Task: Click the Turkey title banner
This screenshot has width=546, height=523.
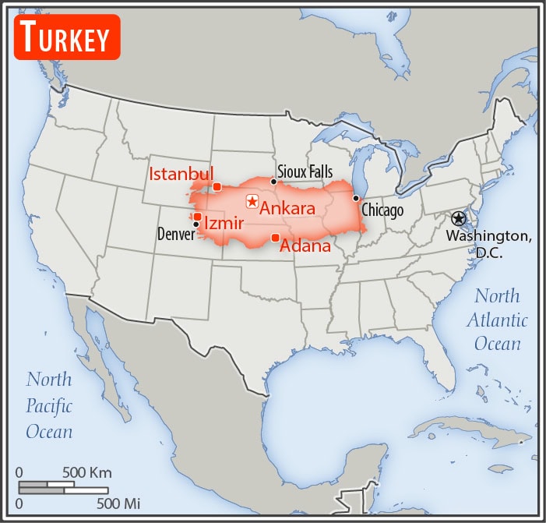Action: pyautogui.click(x=67, y=37)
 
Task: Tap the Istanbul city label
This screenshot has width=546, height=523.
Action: pyautogui.click(x=181, y=172)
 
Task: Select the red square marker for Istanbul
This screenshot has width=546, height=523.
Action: pyautogui.click(x=217, y=186)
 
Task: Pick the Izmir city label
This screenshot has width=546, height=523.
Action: pyautogui.click(x=224, y=224)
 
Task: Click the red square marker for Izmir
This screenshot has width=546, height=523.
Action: pyautogui.click(x=198, y=217)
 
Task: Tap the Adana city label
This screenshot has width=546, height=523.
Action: pyautogui.click(x=305, y=246)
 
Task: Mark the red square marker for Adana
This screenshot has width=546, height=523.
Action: pyautogui.click(x=275, y=237)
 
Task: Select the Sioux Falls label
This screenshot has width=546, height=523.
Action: pyautogui.click(x=305, y=171)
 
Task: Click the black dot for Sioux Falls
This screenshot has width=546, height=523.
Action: pyautogui.click(x=273, y=182)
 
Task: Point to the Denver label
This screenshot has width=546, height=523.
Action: pyautogui.click(x=176, y=233)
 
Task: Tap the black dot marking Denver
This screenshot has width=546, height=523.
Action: pyautogui.click(x=196, y=224)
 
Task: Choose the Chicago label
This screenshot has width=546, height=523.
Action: pyautogui.click(x=382, y=210)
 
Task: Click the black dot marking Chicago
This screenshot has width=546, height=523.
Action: pyautogui.click(x=356, y=198)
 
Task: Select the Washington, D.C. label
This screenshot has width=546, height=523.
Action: pyautogui.click(x=490, y=243)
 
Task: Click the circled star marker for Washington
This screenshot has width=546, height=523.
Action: pyautogui.click(x=458, y=219)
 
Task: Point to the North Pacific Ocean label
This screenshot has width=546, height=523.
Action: pyautogui.click(x=49, y=405)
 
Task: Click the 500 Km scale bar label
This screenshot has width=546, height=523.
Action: pyautogui.click(x=86, y=472)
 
